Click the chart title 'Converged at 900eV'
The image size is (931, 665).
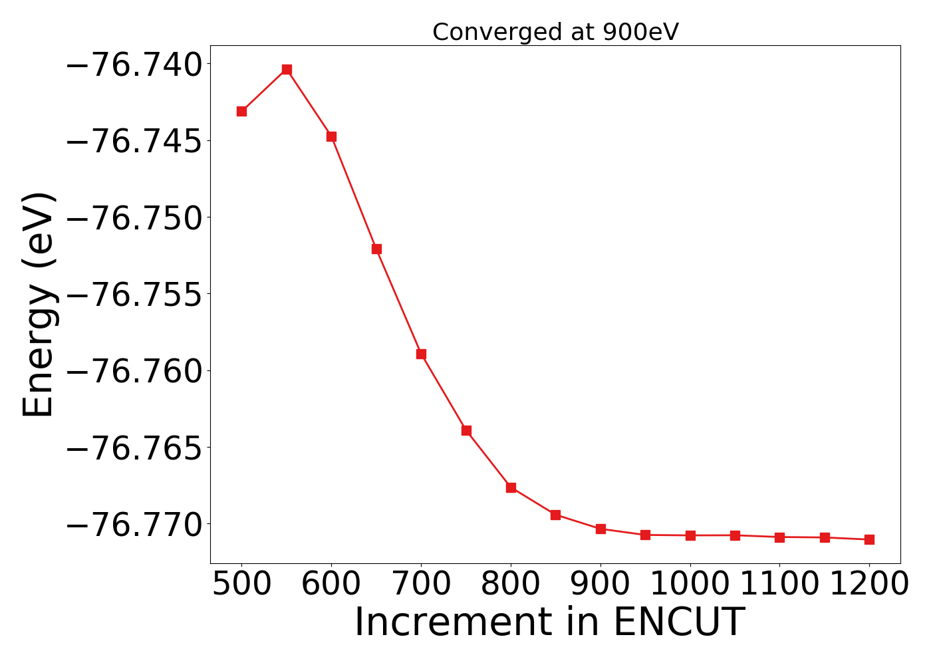click(x=555, y=32)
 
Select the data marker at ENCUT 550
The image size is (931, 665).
click(x=287, y=70)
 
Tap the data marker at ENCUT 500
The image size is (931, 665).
click(x=241, y=111)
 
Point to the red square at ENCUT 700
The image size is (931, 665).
click(x=421, y=354)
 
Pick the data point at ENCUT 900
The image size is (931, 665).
click(x=600, y=529)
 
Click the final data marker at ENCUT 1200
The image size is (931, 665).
click(x=869, y=539)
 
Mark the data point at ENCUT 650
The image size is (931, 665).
click(x=376, y=249)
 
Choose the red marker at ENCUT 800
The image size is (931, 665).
click(x=511, y=487)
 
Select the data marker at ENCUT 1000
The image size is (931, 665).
click(x=690, y=535)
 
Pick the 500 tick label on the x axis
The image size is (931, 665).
click(x=241, y=585)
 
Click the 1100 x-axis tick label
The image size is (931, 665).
click(x=779, y=585)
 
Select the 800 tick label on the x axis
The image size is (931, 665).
click(x=511, y=585)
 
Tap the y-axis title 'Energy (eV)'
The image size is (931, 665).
click(x=38, y=305)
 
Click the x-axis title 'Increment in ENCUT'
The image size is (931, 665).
click(x=549, y=622)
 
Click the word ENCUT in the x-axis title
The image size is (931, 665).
click(x=678, y=622)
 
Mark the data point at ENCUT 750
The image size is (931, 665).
click(x=466, y=430)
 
